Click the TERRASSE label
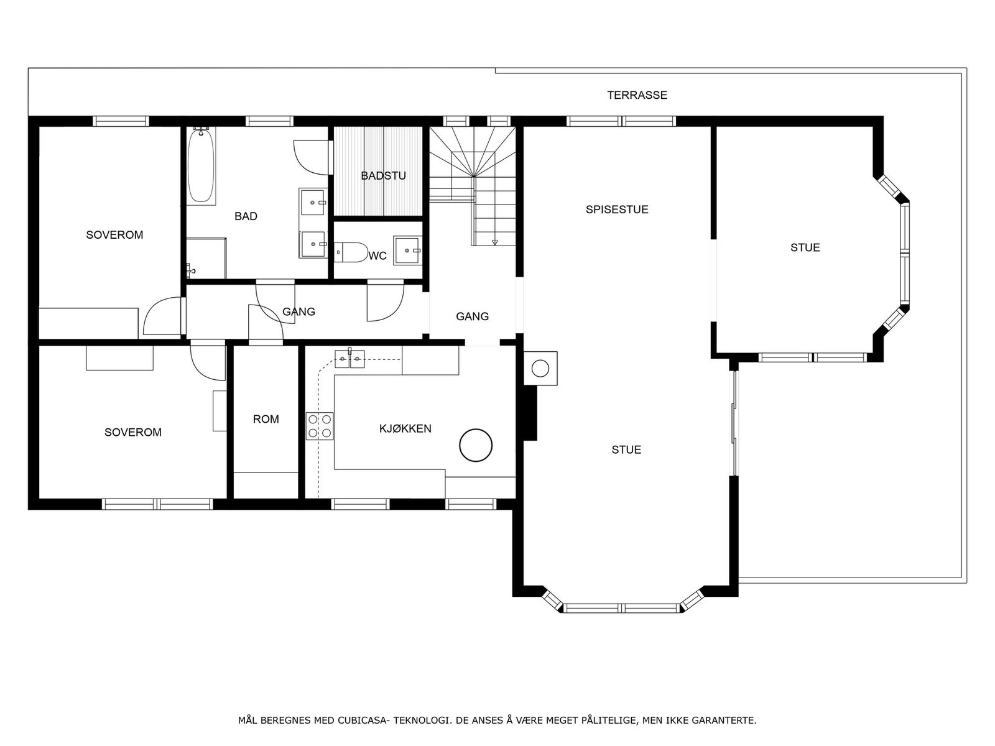tap(637, 95)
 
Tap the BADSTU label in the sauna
tap(383, 176)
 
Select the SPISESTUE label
tap(616, 210)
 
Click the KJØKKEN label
tap(405, 428)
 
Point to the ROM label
tap(266, 420)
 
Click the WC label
tap(377, 256)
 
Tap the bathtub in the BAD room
tap(201, 166)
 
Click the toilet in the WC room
tap(351, 252)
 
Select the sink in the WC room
tap(407, 250)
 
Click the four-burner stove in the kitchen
tap(320, 426)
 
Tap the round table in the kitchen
tap(476, 445)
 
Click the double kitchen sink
tap(349, 359)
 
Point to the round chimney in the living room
tap(540, 369)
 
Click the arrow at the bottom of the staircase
tap(494, 242)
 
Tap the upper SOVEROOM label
tap(114, 234)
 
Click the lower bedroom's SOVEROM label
tap(133, 432)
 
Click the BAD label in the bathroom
tap(246, 216)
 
